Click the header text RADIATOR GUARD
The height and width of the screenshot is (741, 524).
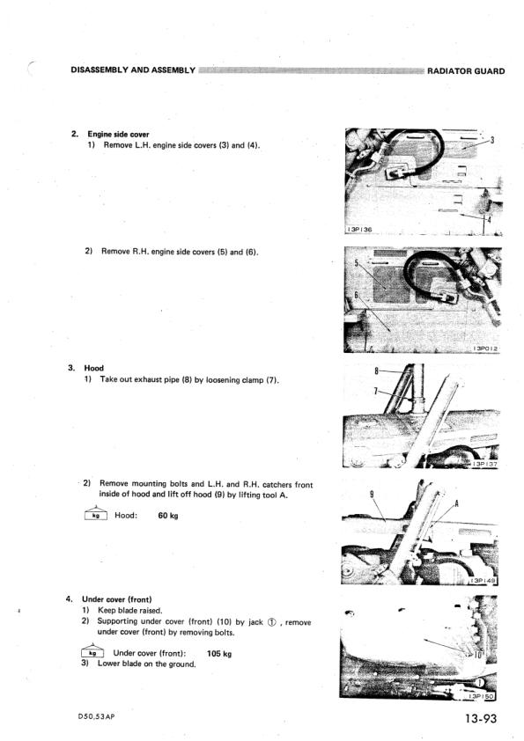pyautogui.click(x=466, y=71)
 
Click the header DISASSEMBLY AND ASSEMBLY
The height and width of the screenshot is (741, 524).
pyautogui.click(x=133, y=70)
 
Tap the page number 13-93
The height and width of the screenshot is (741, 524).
pyautogui.click(x=481, y=718)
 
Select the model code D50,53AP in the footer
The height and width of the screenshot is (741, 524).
pyautogui.click(x=97, y=716)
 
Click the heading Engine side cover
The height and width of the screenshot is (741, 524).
pyautogui.click(x=118, y=135)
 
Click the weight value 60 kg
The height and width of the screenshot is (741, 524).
pyautogui.click(x=168, y=516)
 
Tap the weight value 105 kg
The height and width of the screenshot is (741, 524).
pyautogui.click(x=219, y=654)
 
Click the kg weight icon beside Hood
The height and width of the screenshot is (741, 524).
pyautogui.click(x=96, y=514)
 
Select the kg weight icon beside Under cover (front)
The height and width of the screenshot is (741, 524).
pyautogui.click(x=92, y=651)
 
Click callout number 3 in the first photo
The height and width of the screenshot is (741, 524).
pyautogui.click(x=492, y=140)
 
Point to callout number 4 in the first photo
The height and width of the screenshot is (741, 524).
pyautogui.click(x=489, y=219)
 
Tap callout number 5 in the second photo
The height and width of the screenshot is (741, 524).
pyautogui.click(x=357, y=263)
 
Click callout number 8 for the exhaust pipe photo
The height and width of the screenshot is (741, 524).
pyautogui.click(x=376, y=371)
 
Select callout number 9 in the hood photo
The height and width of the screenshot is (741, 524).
pyautogui.click(x=372, y=495)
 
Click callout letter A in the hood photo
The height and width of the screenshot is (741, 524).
pyautogui.click(x=456, y=503)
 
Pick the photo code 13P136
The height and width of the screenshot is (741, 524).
pyautogui.click(x=360, y=230)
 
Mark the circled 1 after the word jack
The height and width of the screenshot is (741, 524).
pyautogui.click(x=272, y=622)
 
